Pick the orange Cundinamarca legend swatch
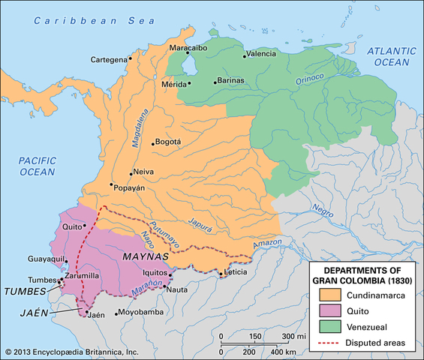pos(329,295)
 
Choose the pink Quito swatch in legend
pos(329,311)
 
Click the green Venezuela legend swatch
pos(329,327)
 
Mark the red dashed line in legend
pos(329,343)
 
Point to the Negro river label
pos(322,208)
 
